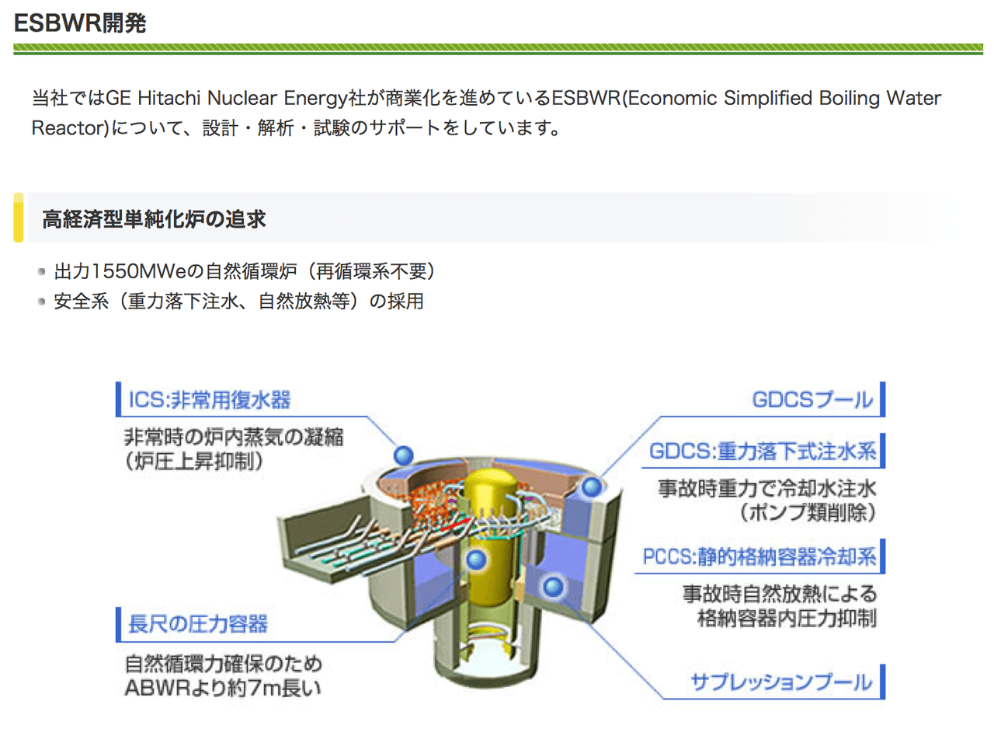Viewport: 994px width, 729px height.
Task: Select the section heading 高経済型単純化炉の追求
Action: point(154,220)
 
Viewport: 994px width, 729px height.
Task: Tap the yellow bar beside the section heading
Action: point(19,218)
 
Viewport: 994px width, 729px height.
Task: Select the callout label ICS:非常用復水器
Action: point(209,401)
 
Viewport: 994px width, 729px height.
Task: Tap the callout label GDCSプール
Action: point(812,401)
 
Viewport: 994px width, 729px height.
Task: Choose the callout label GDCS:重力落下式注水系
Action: point(763,452)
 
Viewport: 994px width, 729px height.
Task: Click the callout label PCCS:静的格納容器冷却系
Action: point(759,557)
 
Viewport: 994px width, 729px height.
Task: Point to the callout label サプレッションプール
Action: point(781,684)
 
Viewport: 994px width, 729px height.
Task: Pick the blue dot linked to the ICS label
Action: point(403,454)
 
